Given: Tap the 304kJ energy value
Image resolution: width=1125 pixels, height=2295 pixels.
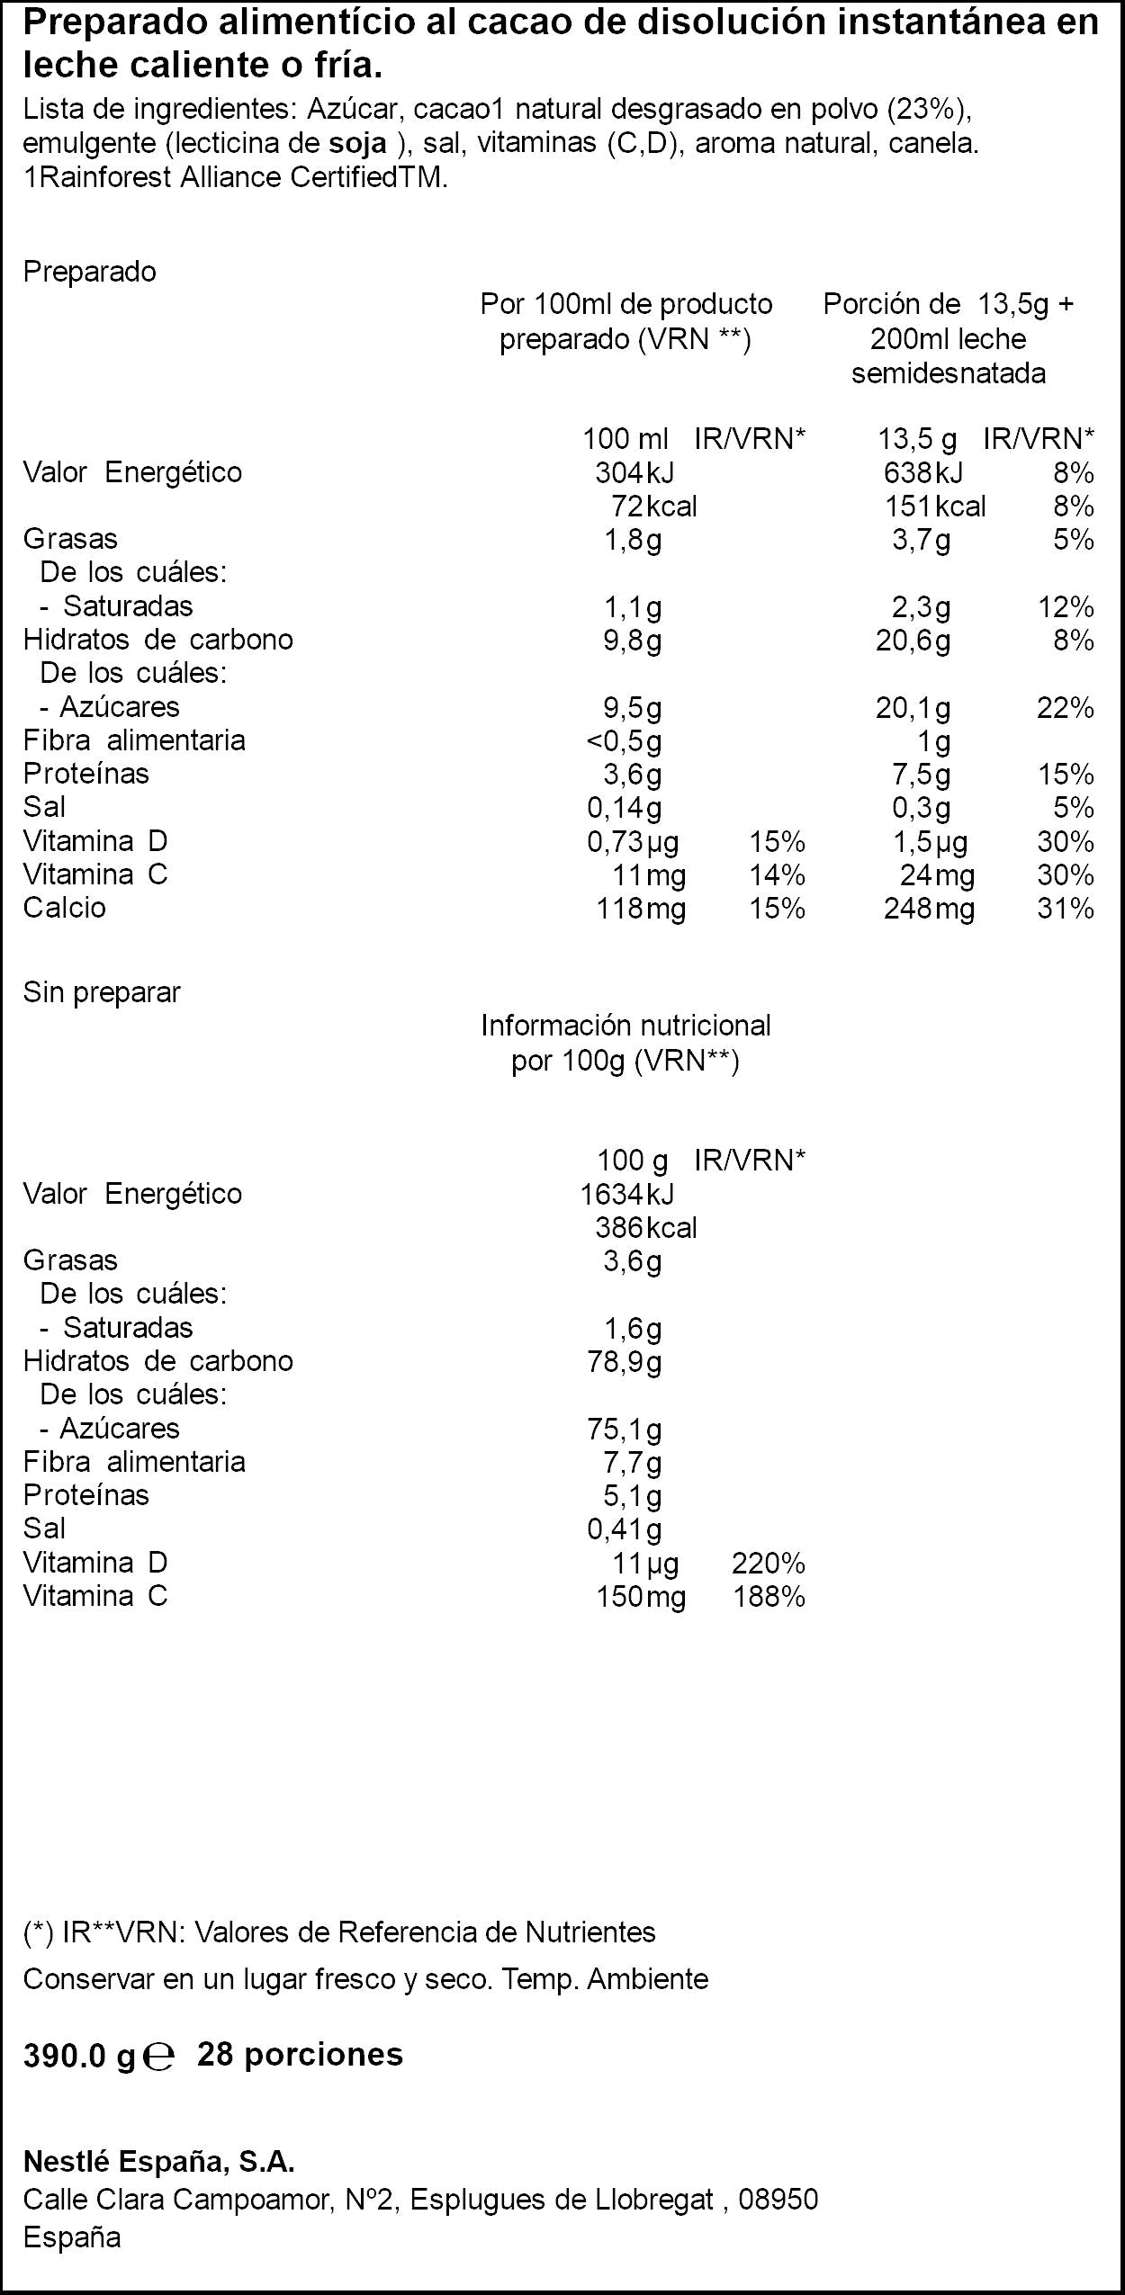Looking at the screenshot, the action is (x=634, y=472).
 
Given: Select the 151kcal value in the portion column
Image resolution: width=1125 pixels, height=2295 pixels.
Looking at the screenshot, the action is (x=935, y=507).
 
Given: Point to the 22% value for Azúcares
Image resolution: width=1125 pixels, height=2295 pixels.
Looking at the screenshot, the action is (x=1066, y=708).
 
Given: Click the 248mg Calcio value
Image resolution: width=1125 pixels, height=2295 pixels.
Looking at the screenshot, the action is (x=929, y=909).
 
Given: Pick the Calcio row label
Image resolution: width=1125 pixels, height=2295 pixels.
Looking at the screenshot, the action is (x=65, y=908).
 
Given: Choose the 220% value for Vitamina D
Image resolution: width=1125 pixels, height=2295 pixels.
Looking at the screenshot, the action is (x=769, y=1564).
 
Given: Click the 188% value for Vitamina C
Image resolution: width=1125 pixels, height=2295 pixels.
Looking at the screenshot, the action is (x=769, y=1597).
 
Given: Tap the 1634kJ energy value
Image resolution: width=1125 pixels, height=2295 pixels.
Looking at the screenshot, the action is (x=627, y=1194).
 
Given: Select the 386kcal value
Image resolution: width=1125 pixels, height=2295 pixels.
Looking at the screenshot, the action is (x=646, y=1228).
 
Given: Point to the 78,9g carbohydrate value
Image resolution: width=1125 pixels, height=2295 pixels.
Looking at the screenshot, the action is (x=625, y=1362).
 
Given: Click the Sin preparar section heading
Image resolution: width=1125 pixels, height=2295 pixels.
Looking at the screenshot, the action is (x=102, y=992).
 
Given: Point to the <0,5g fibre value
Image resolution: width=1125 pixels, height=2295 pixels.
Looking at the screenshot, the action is (x=624, y=742).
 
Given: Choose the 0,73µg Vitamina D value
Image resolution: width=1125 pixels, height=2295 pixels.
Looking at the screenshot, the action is (x=633, y=843).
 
